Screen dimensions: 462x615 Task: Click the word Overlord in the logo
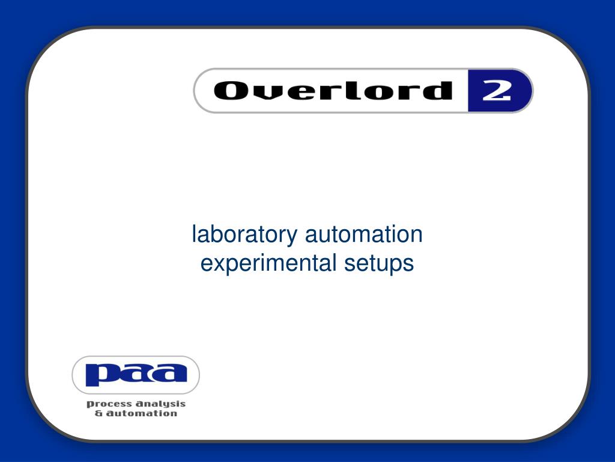[x=332, y=91]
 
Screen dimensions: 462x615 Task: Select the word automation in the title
[x=363, y=234]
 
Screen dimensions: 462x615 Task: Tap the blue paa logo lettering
[x=136, y=374]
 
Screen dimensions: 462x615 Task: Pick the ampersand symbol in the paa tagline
[x=98, y=413]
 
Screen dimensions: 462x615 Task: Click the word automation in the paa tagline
[x=141, y=413]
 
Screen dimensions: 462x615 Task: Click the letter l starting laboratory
[x=194, y=234]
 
